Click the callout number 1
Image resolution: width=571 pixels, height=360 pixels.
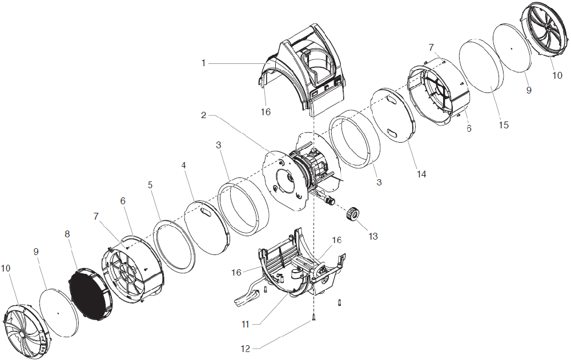(x=203, y=63)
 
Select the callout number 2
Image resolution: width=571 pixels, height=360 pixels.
(x=203, y=115)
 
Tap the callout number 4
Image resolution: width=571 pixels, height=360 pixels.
(x=184, y=165)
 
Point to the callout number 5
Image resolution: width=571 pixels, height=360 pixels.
(x=150, y=185)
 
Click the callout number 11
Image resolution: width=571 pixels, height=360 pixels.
(x=246, y=324)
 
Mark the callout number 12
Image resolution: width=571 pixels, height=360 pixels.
(x=246, y=347)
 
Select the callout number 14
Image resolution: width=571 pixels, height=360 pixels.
(x=421, y=174)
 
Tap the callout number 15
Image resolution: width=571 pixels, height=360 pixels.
(x=503, y=125)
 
